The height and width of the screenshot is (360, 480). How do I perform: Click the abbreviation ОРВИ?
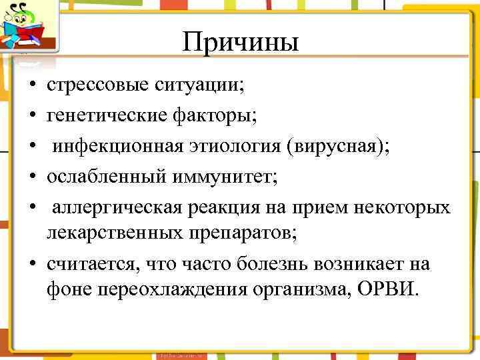393,291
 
